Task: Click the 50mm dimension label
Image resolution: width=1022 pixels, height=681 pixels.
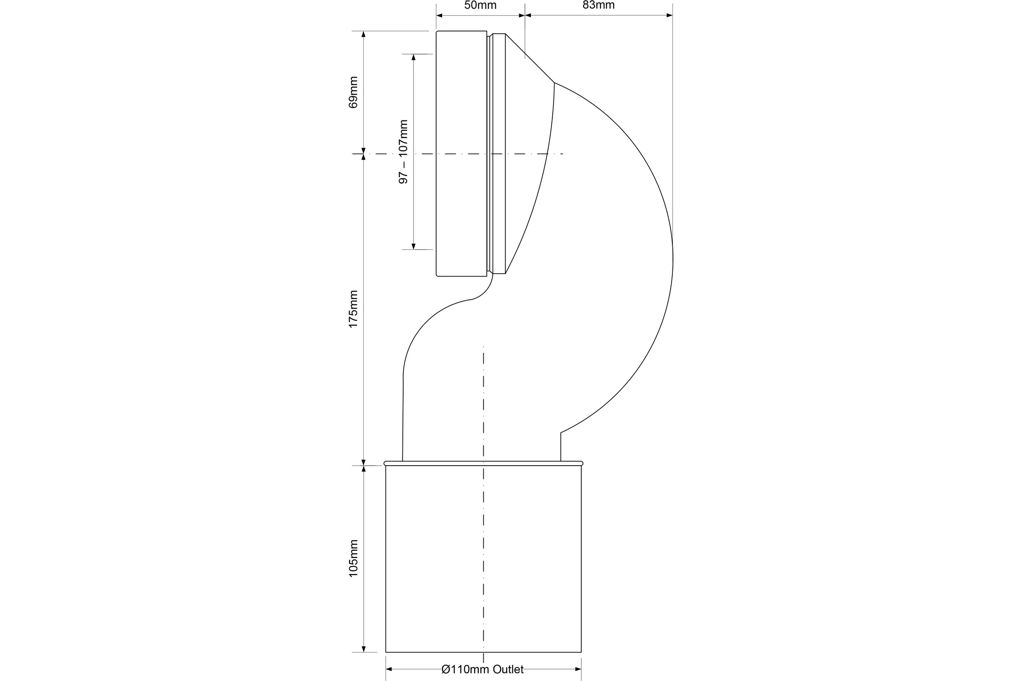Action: pos(480,5)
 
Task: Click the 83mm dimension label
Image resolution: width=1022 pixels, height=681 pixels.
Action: pos(598,5)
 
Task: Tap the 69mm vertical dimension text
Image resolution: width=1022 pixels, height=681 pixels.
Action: pos(353,92)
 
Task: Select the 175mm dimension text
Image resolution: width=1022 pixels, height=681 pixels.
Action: pos(353,309)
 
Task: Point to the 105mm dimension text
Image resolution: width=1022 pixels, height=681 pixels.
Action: pos(353,558)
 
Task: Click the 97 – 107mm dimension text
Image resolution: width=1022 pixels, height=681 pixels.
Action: pos(403,152)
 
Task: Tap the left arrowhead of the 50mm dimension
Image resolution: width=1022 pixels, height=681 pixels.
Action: pos(439,16)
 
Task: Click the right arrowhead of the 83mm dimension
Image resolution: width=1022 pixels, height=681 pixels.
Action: pos(669,16)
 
